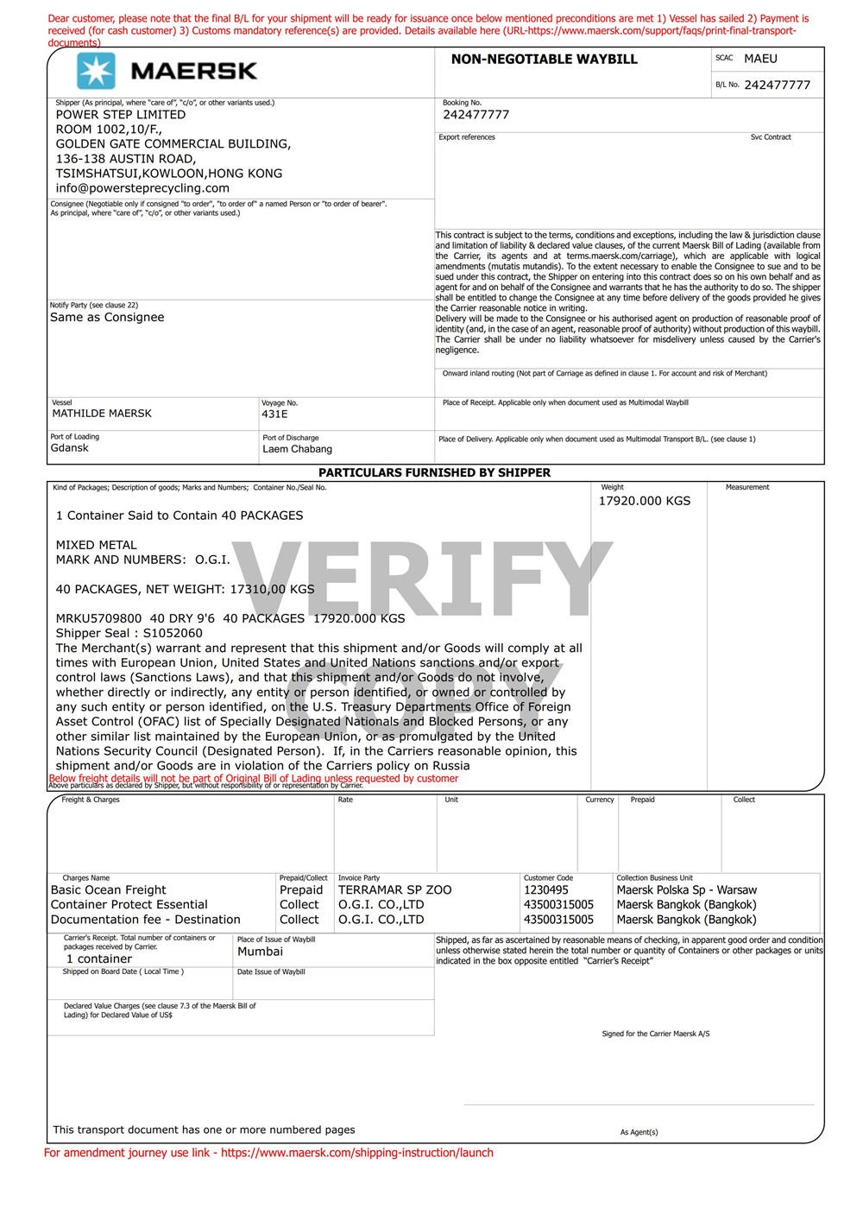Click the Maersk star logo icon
[96, 71]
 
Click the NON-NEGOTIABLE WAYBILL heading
[544, 60]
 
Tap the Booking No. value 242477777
[476, 115]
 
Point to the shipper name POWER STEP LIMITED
[121, 115]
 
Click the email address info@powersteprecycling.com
[142, 188]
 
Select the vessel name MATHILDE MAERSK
[102, 414]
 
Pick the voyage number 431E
[274, 414]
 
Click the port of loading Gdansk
[69, 448]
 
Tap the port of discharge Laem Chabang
[297, 449]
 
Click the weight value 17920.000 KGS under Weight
[645, 501]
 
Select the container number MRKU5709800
[98, 618]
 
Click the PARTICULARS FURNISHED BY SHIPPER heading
[434, 472]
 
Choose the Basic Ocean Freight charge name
[109, 890]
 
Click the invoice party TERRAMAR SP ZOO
[394, 890]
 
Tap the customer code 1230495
[546, 890]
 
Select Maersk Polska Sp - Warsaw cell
[686, 890]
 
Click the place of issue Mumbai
[260, 952]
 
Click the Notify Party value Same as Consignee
[107, 317]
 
